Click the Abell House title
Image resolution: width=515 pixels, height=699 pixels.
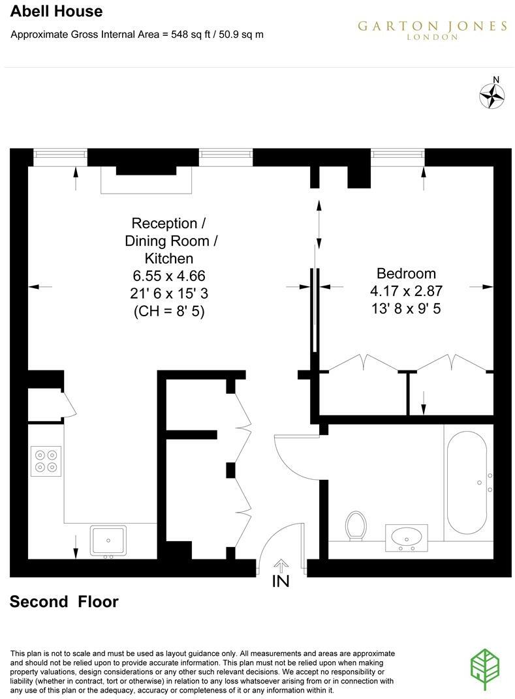56,11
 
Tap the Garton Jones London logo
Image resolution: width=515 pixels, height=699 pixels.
432,29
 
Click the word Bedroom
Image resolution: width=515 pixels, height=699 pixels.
406,273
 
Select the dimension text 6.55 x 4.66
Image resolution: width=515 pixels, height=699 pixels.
168,276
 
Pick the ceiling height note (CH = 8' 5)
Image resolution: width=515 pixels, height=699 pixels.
168,312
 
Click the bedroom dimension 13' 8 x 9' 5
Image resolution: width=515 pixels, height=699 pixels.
406,308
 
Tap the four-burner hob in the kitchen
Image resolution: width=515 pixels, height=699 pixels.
46,461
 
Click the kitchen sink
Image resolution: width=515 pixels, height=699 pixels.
109,541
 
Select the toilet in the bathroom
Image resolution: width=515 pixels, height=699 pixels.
356,526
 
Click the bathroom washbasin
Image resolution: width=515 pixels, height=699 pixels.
406,538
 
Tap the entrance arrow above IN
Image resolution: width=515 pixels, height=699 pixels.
281,565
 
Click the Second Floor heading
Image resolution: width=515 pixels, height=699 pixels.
64,601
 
